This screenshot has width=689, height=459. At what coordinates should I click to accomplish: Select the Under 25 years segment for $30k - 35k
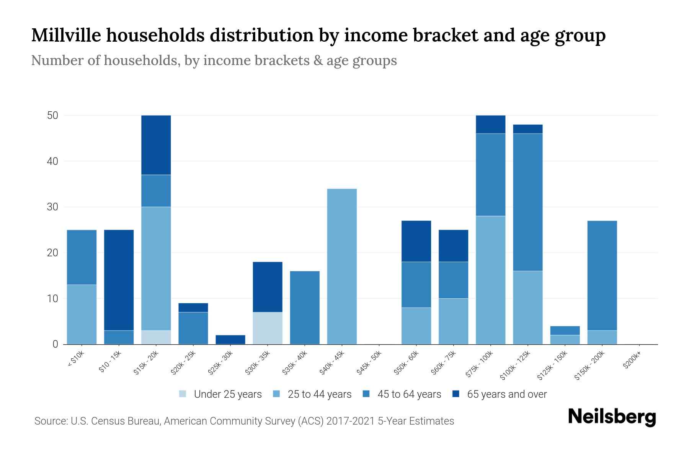click(x=268, y=328)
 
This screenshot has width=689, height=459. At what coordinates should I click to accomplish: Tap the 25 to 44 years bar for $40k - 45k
click(x=342, y=267)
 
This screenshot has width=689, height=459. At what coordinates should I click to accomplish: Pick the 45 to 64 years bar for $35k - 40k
click(x=305, y=308)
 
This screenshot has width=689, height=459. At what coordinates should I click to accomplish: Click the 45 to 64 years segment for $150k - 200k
click(x=602, y=275)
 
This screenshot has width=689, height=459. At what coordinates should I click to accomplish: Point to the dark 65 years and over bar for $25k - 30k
click(x=230, y=340)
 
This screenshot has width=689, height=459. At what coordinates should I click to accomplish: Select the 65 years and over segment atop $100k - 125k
click(x=528, y=129)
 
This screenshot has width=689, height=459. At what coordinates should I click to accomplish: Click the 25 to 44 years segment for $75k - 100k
click(x=490, y=280)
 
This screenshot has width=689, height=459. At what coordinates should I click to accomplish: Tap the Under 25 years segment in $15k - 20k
click(x=156, y=337)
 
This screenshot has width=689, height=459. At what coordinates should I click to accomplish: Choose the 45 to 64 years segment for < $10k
click(x=82, y=257)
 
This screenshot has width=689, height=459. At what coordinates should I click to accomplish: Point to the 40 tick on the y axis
click(x=52, y=161)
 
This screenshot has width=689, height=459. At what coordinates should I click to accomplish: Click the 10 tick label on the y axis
click(x=52, y=299)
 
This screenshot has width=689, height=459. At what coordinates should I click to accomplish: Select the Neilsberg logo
click(x=612, y=417)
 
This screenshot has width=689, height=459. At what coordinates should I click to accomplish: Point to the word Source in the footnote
click(x=50, y=421)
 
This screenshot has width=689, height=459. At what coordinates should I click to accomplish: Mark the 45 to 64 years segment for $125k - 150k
click(x=565, y=330)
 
